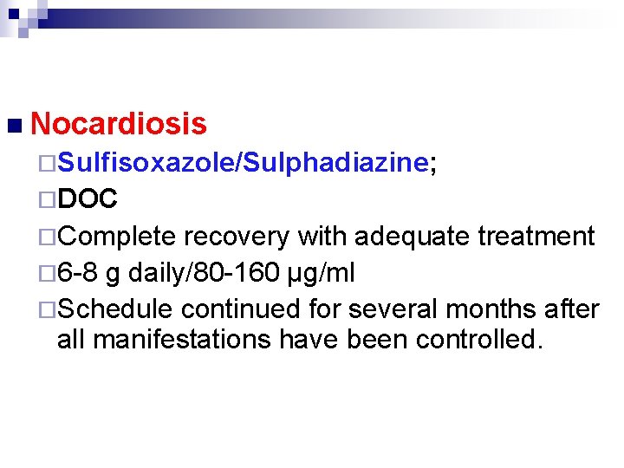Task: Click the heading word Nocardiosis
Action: point(119,124)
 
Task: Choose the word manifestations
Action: point(181,339)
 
